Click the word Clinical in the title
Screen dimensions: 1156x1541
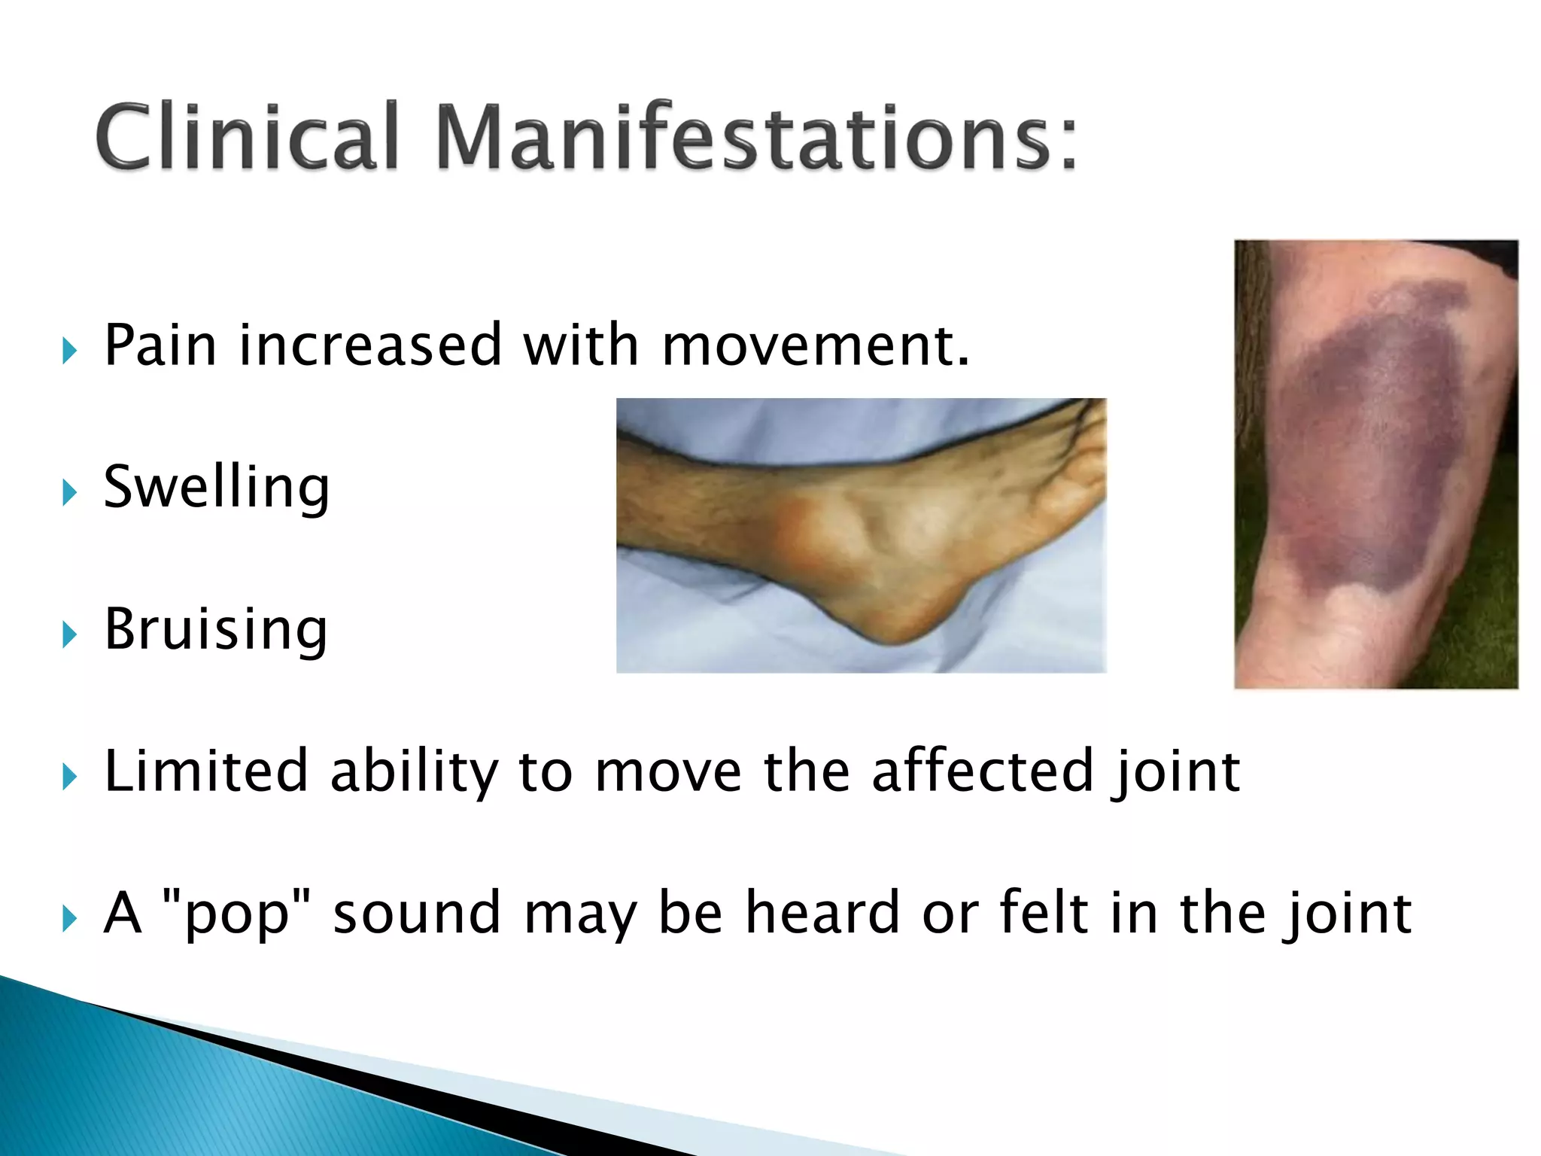pos(246,137)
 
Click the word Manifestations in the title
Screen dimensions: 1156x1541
pos(756,137)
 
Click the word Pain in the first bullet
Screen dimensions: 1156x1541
pos(160,345)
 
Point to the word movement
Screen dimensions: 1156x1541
pos(816,347)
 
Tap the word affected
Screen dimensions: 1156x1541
pos(982,771)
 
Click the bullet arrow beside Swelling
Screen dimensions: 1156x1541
pos(69,494)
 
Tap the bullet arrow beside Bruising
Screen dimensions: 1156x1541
pos(69,635)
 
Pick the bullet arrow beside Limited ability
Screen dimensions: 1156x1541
pos(69,777)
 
